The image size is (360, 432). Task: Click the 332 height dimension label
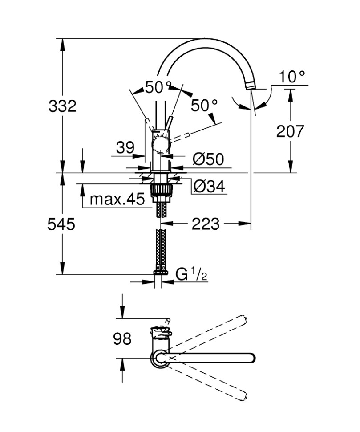pos(63,106)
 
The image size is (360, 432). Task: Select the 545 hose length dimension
pos(61,224)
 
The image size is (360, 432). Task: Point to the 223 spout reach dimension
pos(206,224)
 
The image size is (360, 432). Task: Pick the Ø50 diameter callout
pos(208,159)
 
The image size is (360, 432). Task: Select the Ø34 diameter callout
pos(209,187)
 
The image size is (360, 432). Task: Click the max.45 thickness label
pos(117,199)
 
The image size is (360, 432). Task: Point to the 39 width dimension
pos(125,148)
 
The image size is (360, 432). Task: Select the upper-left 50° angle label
pos(158,87)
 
